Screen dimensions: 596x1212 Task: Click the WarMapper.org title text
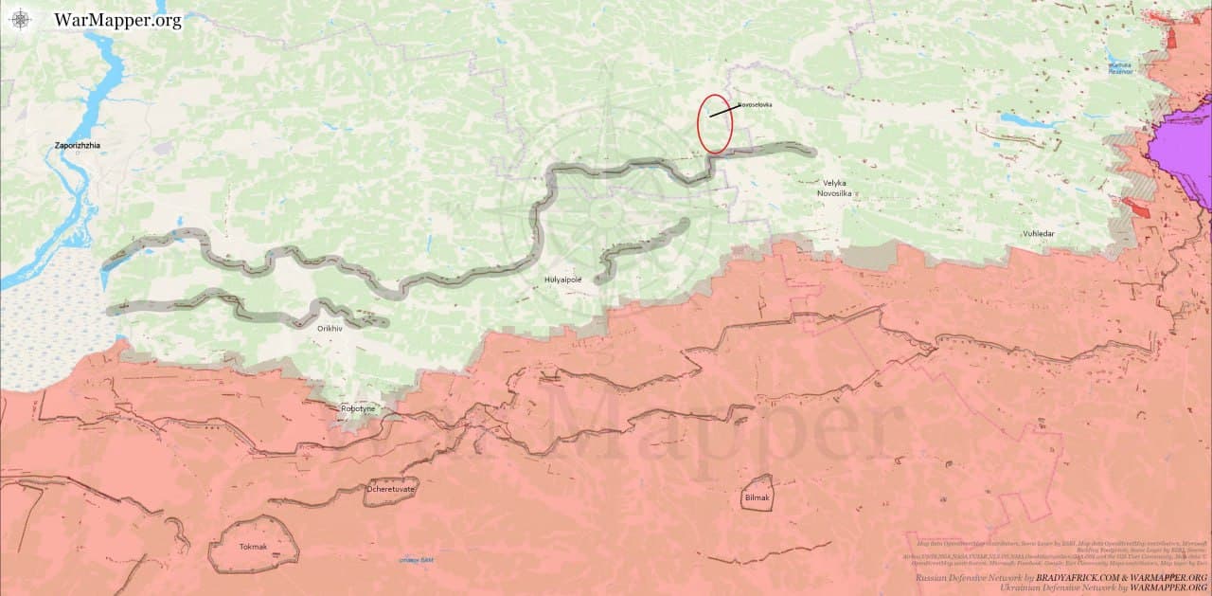[117, 20]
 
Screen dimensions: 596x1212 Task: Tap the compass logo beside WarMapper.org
[21, 20]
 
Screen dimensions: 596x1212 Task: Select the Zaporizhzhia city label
[78, 146]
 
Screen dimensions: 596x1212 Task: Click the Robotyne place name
[358, 408]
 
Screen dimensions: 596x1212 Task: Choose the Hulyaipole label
[562, 280]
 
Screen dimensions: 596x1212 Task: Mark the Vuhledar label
[1038, 233]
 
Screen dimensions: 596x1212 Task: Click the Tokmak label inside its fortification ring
[253, 547]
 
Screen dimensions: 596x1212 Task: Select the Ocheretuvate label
[391, 490]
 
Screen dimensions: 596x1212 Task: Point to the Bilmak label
[757, 497]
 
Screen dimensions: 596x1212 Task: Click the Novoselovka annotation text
[755, 104]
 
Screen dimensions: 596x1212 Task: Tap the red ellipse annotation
[715, 124]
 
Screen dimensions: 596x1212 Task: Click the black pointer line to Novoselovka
[722, 111]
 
